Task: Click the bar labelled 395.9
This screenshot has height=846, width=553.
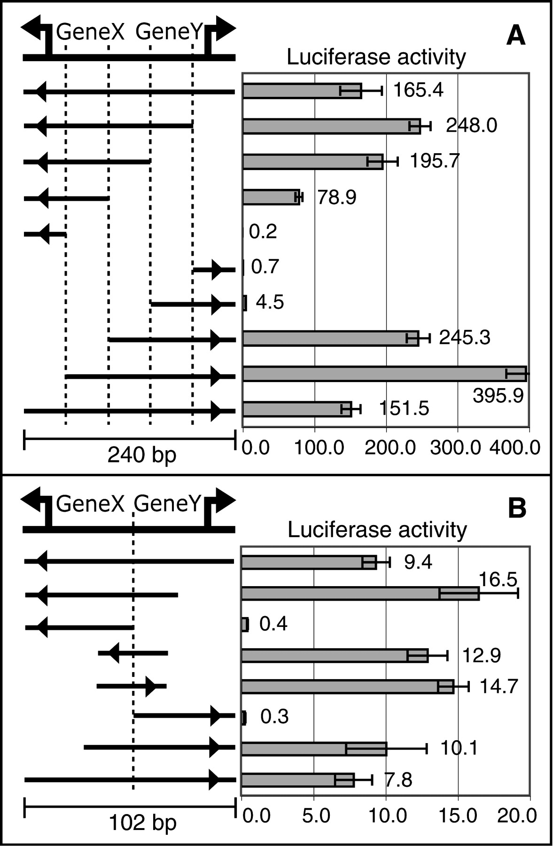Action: click(384, 374)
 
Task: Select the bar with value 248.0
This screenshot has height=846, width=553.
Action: click(331, 126)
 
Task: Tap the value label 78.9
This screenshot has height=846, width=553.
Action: click(336, 197)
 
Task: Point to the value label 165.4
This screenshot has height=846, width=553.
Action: click(418, 90)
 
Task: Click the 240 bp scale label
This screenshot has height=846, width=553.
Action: click(142, 454)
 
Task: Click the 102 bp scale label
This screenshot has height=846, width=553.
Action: click(142, 823)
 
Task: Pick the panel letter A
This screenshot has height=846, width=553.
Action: click(515, 36)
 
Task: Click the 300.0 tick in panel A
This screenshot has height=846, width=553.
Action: click(455, 447)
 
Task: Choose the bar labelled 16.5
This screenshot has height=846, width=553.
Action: click(360, 594)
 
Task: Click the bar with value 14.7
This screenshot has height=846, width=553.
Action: click(347, 687)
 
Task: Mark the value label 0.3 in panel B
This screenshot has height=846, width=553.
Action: click(274, 717)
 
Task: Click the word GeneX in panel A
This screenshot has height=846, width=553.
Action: click(90, 32)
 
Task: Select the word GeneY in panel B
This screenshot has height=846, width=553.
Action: click(168, 504)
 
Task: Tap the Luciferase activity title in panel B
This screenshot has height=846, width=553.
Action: click(377, 530)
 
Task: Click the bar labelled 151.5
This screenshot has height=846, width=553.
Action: click(297, 409)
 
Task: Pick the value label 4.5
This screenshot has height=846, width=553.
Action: click(270, 302)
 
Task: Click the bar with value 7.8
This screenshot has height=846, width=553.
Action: click(297, 780)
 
